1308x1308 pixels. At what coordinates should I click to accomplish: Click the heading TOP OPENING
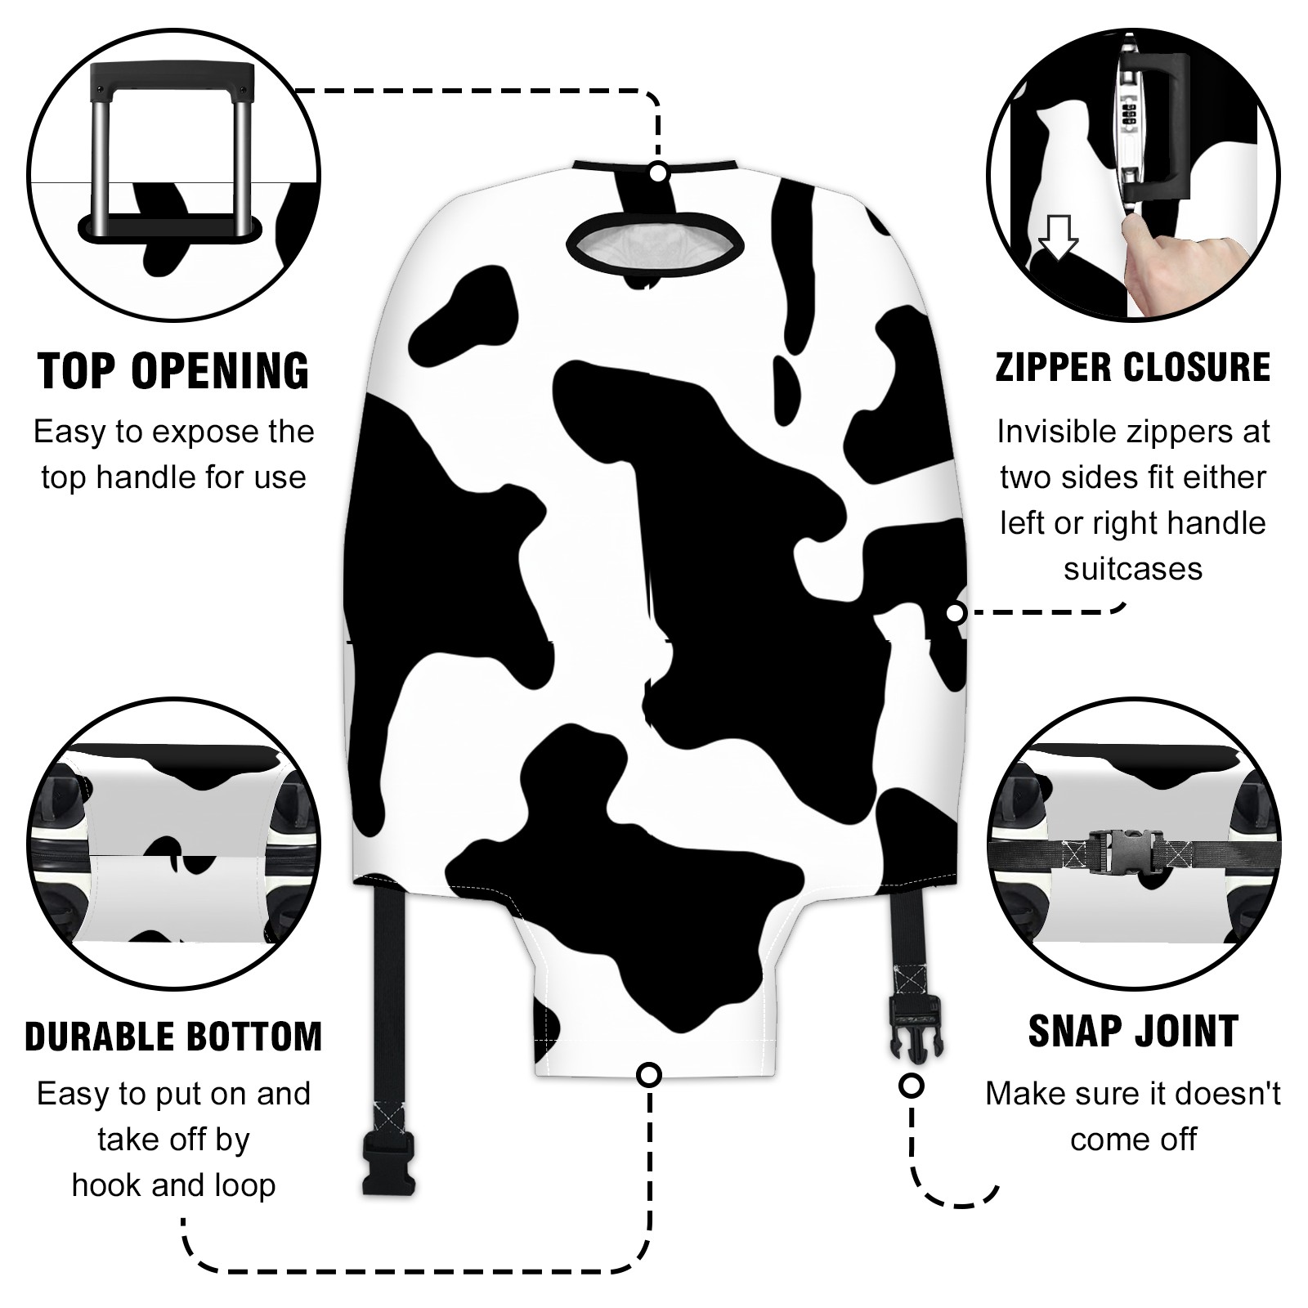pos(174,371)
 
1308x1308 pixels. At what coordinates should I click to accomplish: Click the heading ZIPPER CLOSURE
pos(1133,367)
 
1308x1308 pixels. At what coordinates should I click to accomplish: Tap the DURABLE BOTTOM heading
pos(173,1037)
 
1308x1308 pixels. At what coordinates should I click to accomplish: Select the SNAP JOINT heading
pos(1133,1031)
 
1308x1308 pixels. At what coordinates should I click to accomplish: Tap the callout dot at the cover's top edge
pos(659,172)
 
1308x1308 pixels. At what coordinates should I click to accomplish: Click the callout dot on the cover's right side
pos(955,612)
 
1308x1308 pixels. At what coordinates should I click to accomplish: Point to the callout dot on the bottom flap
pos(649,1074)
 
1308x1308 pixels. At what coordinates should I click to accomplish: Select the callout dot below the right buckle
pos(911,1086)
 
